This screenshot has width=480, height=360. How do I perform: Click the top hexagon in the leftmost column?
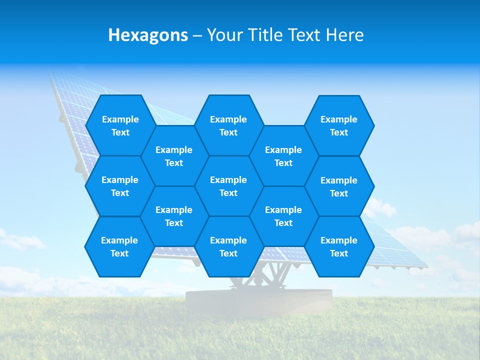[120, 125]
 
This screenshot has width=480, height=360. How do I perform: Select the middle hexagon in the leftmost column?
[120, 186]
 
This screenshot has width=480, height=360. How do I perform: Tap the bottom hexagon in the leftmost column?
[119, 246]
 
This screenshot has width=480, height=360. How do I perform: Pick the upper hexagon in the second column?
[174, 156]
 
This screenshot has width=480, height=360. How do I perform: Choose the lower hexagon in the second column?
[174, 216]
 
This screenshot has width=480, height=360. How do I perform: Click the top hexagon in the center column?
[228, 125]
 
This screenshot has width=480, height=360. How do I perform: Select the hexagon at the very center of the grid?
[228, 186]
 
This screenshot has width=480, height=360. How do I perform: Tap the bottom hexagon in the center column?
[228, 246]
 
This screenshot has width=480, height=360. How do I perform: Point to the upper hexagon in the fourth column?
[283, 156]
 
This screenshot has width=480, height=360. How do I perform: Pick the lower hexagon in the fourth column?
[283, 216]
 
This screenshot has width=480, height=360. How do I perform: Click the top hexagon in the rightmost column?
[339, 125]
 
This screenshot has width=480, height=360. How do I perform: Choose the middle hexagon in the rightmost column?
[339, 186]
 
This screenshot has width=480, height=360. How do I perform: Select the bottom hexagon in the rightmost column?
[339, 246]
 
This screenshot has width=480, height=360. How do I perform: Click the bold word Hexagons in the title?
[148, 35]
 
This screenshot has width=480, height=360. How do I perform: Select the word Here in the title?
[344, 35]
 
